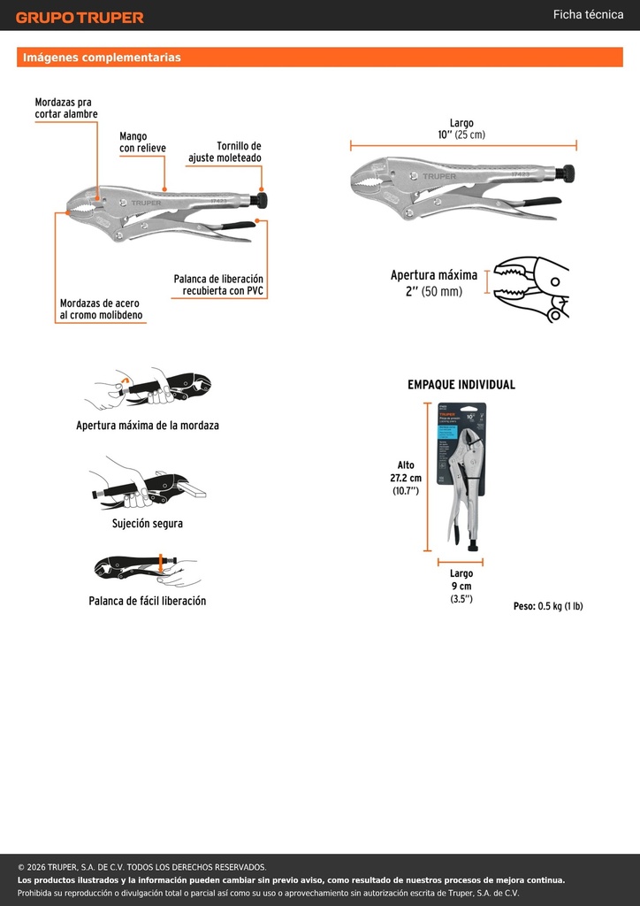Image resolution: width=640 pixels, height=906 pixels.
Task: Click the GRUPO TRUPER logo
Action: (80, 18)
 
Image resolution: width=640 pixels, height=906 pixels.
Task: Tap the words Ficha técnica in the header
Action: (588, 15)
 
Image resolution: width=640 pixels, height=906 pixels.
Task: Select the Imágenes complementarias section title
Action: (102, 58)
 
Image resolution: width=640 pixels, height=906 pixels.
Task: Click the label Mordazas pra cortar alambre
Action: (65, 108)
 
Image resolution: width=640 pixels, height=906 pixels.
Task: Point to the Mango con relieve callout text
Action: (142, 142)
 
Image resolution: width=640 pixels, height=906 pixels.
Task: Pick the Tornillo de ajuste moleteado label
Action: (225, 152)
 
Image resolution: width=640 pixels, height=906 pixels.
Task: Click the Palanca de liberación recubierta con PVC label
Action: (218, 285)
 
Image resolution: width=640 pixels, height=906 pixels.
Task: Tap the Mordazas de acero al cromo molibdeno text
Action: (101, 309)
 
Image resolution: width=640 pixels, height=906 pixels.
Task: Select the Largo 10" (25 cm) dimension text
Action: (461, 129)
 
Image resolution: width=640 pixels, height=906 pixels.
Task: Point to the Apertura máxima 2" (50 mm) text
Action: (434, 283)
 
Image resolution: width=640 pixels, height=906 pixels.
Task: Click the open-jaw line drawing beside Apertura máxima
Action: (531, 289)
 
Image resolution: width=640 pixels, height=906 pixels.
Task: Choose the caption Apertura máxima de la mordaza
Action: (147, 426)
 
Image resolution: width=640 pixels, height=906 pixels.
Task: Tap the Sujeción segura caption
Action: (147, 524)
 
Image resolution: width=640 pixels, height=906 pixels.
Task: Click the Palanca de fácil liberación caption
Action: (147, 601)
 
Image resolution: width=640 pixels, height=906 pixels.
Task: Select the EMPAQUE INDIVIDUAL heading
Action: (461, 385)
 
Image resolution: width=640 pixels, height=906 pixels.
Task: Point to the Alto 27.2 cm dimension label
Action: (405, 478)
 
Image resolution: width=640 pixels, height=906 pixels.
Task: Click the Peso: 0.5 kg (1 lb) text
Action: (548, 606)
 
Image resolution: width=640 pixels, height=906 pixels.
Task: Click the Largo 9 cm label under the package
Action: (461, 587)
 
